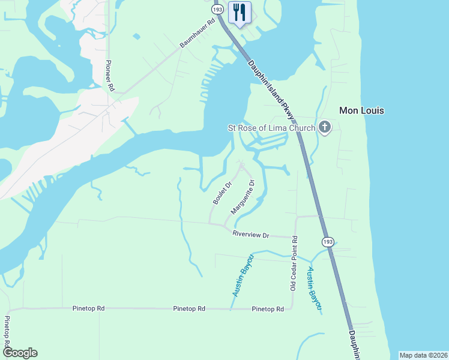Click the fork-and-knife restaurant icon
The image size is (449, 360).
click(x=240, y=13)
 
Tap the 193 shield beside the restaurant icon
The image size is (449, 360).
click(x=217, y=10)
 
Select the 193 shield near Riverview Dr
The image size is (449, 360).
click(x=327, y=241)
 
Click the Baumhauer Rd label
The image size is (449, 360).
click(x=196, y=39)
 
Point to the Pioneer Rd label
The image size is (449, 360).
click(x=110, y=76)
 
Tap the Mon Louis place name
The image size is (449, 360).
click(x=361, y=110)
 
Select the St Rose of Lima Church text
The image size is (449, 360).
click(x=271, y=128)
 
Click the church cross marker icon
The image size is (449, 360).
click(x=325, y=127)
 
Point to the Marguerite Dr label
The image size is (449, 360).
click(x=243, y=197)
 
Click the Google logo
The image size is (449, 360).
click(x=20, y=353)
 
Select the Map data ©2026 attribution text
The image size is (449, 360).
click(x=423, y=355)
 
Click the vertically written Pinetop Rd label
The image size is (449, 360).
click(x=7, y=334)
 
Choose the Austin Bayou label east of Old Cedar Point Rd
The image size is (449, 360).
click(x=315, y=289)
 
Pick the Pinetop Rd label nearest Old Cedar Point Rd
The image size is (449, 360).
click(x=268, y=309)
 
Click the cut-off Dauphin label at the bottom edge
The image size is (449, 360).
click(x=354, y=344)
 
